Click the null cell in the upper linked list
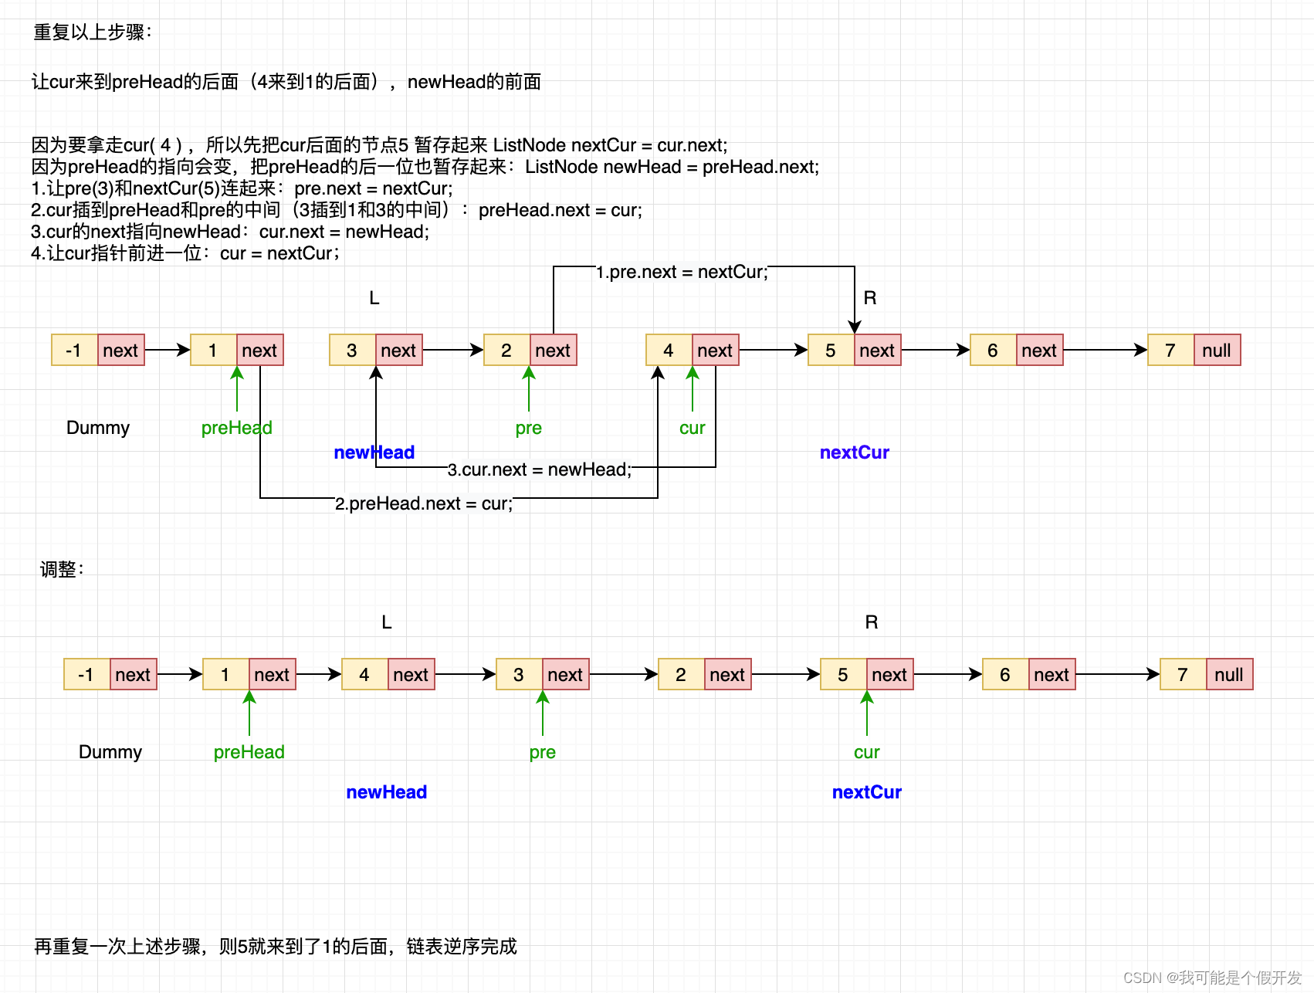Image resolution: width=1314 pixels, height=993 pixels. (x=1217, y=351)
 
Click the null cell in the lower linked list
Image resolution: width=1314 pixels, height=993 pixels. (x=1228, y=675)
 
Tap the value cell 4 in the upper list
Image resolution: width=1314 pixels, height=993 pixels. (x=669, y=351)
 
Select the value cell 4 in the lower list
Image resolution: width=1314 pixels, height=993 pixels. (x=364, y=675)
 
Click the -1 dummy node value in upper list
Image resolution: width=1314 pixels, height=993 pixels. (x=74, y=351)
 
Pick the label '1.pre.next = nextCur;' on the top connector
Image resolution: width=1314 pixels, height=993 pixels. (x=682, y=272)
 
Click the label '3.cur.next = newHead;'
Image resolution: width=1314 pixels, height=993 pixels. (x=540, y=469)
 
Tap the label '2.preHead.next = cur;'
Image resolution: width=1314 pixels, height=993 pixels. (x=424, y=503)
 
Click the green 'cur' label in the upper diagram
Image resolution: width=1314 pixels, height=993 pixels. (x=692, y=428)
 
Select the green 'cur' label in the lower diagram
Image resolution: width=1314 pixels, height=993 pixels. (x=866, y=752)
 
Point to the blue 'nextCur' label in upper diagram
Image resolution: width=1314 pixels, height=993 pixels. (x=854, y=452)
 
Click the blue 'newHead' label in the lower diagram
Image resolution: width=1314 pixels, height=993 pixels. (x=386, y=792)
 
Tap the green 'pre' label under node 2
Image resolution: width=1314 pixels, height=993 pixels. (x=528, y=428)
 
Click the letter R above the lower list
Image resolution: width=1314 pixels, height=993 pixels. (x=871, y=622)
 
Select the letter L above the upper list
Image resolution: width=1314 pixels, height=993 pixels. (x=374, y=298)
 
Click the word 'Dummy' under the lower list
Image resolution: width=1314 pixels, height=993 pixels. (x=110, y=752)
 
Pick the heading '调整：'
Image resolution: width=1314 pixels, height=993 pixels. (x=62, y=570)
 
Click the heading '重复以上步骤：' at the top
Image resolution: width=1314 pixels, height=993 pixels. (x=93, y=32)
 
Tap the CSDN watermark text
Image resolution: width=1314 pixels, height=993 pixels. (x=1211, y=978)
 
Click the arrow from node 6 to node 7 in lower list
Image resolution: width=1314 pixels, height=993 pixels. (x=1116, y=675)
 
